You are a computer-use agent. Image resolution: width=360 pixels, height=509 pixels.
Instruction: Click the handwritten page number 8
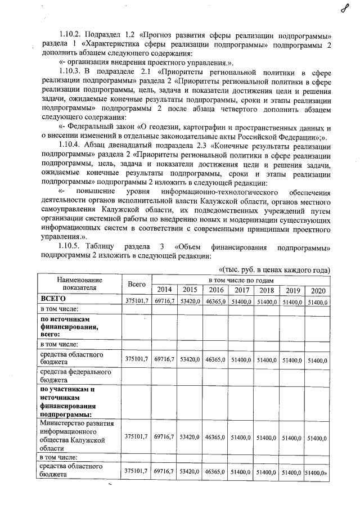pyautogui.click(x=344, y=9)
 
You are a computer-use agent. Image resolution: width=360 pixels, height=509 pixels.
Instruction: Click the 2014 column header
pyautogui.click(x=164, y=290)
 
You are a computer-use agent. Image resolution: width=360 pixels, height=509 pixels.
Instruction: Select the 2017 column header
pyautogui.click(x=242, y=290)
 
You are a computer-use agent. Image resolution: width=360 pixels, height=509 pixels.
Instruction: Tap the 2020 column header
pyautogui.click(x=318, y=290)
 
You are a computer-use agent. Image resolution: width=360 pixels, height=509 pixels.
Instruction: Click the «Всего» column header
pyautogui.click(x=137, y=285)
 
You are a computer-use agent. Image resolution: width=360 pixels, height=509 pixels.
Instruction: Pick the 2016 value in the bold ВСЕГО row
pyautogui.click(x=216, y=301)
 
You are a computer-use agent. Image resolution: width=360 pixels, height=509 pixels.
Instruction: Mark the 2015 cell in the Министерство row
pyautogui.click(x=190, y=437)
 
